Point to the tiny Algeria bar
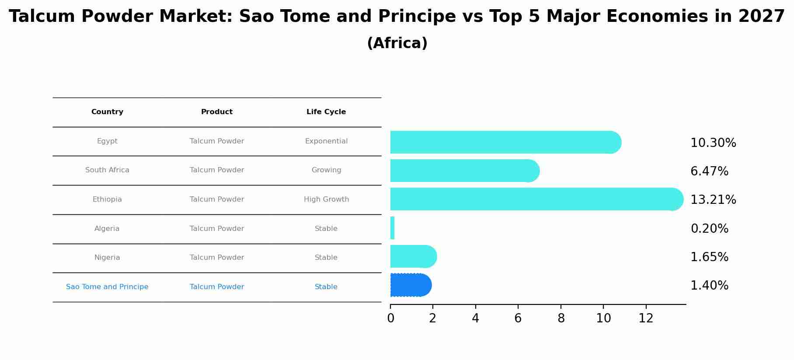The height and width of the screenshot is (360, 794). (392, 228)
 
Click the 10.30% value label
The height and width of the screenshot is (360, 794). (713, 143)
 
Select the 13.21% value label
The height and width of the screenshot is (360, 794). (713, 200)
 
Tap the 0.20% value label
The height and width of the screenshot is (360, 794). (709, 229)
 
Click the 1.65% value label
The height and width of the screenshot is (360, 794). (709, 257)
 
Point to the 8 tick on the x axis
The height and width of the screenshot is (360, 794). (561, 318)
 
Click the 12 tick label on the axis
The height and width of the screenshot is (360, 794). (646, 318)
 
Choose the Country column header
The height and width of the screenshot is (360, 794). (107, 112)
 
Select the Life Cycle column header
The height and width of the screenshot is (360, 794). (326, 112)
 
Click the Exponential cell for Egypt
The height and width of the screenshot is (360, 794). (326, 141)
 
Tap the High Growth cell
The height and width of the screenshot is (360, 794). (326, 199)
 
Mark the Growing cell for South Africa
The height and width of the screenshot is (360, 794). (326, 170)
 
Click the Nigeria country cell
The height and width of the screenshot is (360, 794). (107, 258)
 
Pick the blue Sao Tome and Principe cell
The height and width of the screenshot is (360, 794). (107, 287)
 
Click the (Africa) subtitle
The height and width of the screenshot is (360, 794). (397, 43)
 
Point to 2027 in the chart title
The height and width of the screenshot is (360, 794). (761, 17)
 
